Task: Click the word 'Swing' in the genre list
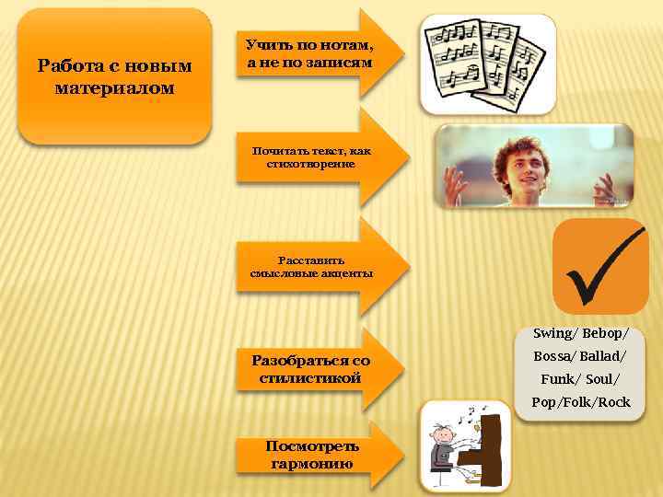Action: [x=552, y=333]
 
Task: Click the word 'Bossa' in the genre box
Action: [x=553, y=356]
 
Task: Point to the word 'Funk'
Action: [x=556, y=379]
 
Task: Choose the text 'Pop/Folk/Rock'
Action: [x=580, y=402]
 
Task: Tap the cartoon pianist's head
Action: [x=443, y=432]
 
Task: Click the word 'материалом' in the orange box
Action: [x=114, y=88]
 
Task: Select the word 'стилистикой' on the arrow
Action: [x=310, y=378]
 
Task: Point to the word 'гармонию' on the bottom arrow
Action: [x=312, y=463]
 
